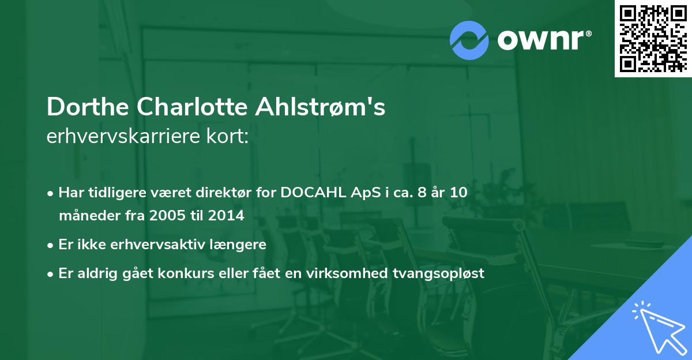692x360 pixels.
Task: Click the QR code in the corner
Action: tap(653, 38)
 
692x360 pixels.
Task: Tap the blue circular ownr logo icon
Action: tap(469, 40)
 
